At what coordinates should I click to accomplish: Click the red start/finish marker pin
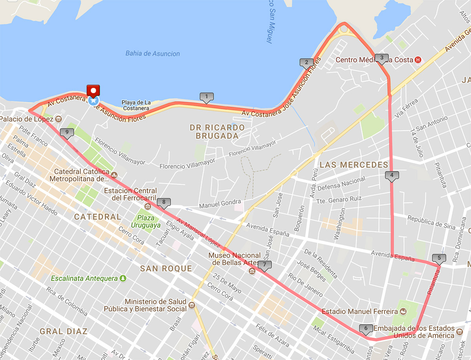[x=93, y=91]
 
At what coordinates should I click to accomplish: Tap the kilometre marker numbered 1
[x=206, y=96]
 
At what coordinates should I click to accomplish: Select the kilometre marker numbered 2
[x=307, y=62]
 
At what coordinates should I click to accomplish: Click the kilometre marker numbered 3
[x=381, y=58]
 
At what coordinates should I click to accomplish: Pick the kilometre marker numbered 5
[x=439, y=258]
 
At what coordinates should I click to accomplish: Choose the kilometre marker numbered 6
[x=366, y=329]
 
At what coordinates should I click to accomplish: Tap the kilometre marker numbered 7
[x=265, y=265]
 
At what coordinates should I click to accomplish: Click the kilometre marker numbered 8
[x=164, y=203]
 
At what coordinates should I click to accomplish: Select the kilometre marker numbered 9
[x=67, y=133]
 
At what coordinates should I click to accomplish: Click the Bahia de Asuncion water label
[x=153, y=54]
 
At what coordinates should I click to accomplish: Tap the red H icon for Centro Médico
[x=418, y=60]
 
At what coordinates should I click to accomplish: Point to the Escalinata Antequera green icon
[x=123, y=278]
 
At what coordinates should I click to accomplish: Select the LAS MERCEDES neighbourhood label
[x=354, y=165]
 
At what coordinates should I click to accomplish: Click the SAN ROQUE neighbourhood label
[x=166, y=269]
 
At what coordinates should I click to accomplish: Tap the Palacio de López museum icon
[x=58, y=118]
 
